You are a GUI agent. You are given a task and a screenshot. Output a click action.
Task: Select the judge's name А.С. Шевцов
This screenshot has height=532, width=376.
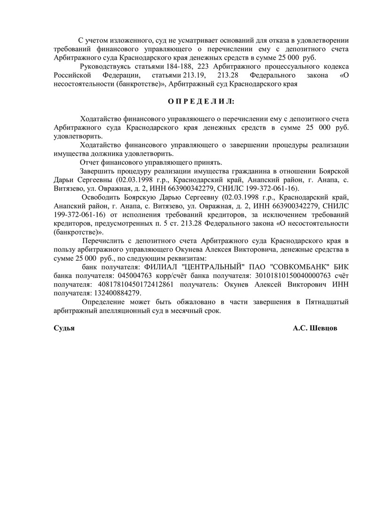click(x=315, y=328)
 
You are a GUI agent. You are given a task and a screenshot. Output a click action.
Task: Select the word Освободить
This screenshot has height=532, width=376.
click(x=102, y=197)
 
